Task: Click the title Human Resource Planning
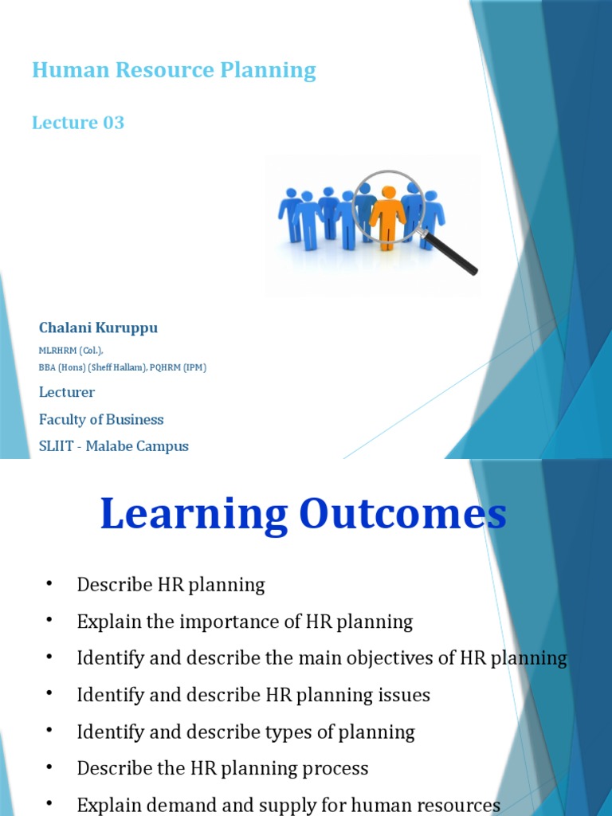click(x=174, y=71)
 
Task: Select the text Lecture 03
click(x=78, y=123)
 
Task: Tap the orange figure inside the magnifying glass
click(x=388, y=217)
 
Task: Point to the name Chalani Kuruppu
click(x=98, y=328)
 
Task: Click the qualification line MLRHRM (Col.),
click(x=71, y=351)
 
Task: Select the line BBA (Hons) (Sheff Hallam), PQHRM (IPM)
click(x=123, y=367)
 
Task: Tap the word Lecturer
click(x=67, y=392)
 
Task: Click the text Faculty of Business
click(x=101, y=419)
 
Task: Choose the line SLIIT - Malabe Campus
click(x=114, y=446)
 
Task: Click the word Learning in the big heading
click(x=194, y=514)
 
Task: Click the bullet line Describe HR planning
click(x=171, y=585)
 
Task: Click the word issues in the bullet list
click(x=404, y=695)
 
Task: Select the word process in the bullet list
click(x=335, y=768)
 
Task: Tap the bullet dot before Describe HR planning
click(x=49, y=584)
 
